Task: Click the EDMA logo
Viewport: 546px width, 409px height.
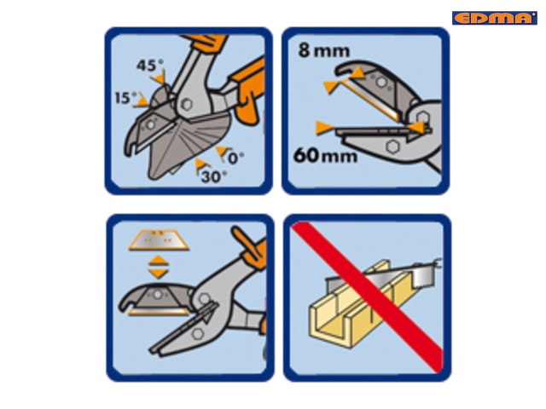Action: (x=495, y=18)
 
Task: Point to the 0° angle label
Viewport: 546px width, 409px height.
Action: (x=235, y=158)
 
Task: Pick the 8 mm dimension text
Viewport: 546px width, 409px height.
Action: (x=324, y=51)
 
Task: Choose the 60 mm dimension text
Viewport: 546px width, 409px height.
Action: (x=325, y=155)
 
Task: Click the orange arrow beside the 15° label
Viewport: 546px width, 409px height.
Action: (x=142, y=101)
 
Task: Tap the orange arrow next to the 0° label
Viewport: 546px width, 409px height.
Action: (x=222, y=153)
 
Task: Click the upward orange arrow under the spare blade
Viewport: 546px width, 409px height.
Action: (x=159, y=260)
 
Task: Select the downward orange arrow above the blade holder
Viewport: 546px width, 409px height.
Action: (x=159, y=273)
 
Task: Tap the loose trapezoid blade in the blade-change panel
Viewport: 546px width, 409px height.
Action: (x=159, y=239)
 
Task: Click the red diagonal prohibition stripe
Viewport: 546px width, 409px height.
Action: (x=368, y=297)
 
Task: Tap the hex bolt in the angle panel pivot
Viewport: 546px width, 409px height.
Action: (x=187, y=104)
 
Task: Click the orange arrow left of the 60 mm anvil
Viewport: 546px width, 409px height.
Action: (x=324, y=128)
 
